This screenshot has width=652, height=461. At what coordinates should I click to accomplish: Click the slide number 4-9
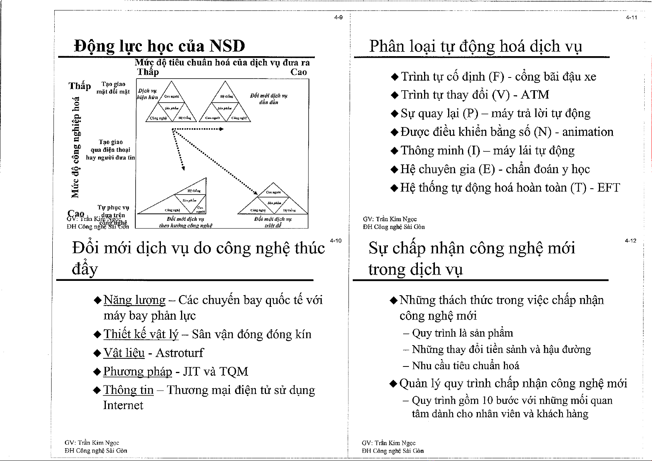point(338,18)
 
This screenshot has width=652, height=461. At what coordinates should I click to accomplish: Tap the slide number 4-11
point(631,18)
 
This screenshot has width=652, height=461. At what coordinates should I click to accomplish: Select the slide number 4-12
point(630,241)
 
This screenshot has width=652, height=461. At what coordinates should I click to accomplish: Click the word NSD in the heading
point(227,46)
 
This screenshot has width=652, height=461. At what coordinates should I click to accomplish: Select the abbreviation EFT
point(608,188)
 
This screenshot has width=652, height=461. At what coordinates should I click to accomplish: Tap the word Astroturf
point(179,353)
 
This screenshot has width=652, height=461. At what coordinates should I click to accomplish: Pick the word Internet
point(123,405)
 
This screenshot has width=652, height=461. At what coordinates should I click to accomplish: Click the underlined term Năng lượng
point(135,300)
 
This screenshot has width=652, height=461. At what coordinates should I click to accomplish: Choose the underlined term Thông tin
point(128,390)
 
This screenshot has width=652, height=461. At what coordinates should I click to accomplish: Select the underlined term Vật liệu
point(124,353)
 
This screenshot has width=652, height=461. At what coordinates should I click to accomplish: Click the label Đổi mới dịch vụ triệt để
point(273,222)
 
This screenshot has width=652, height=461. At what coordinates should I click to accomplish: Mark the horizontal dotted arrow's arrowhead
point(221,129)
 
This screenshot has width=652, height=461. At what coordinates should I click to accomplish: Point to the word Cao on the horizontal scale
point(298,72)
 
